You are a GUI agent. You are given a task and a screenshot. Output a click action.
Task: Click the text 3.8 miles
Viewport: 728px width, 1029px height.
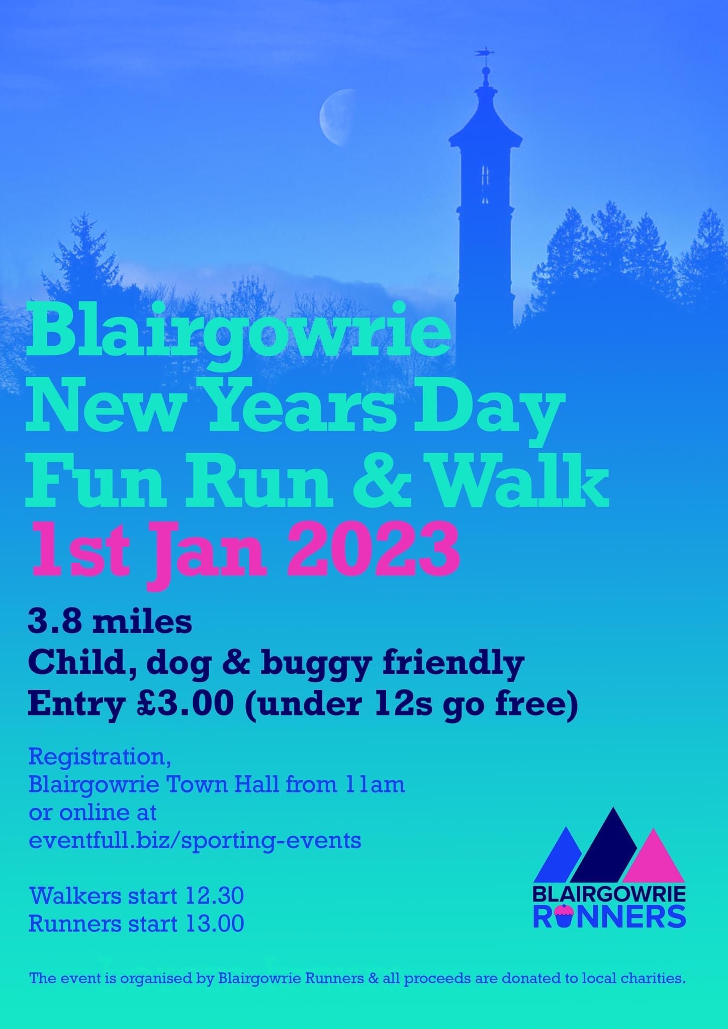[110, 622]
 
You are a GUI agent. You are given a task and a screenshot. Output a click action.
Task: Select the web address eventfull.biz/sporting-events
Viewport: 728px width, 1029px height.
[195, 840]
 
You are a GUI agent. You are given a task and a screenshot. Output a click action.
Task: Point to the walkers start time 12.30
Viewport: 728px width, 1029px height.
[215, 895]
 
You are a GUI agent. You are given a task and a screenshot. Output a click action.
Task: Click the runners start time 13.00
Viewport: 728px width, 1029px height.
[215, 923]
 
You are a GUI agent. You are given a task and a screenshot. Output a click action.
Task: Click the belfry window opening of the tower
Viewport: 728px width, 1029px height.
[486, 176]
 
